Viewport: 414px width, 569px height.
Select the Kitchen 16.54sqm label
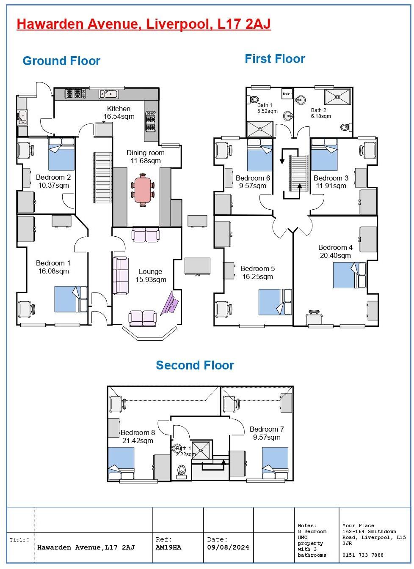coord(119,112)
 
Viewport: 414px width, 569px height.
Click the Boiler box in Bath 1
coord(287,94)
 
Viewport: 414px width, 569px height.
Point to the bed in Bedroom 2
coord(62,154)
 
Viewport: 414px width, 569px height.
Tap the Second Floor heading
coord(195,365)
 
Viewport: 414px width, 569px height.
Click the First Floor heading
coord(275,59)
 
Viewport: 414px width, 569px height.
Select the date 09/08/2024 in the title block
coord(228,547)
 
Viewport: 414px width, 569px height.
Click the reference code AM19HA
coord(168,547)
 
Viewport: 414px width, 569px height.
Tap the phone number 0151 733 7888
coord(363,555)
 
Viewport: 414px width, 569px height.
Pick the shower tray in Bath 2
coord(337,97)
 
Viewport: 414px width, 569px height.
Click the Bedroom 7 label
coord(267,429)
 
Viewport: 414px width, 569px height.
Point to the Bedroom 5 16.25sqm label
coord(257,273)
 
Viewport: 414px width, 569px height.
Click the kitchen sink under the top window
coord(108,94)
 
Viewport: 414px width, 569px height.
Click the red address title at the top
coord(144,24)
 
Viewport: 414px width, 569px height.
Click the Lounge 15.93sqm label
coord(150,276)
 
